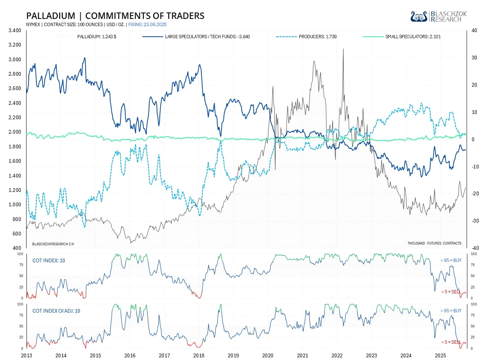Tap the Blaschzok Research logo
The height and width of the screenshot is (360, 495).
pyautogui.click(x=439, y=16)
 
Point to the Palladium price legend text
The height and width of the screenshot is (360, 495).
pyautogui.click(x=97, y=37)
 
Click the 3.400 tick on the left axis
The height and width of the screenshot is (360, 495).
pyautogui.click(x=15, y=30)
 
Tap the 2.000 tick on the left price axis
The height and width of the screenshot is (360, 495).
pyautogui.click(x=15, y=132)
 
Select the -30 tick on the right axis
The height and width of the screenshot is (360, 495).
pyautogui.click(x=475, y=221)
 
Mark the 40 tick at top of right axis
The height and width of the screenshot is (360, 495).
pyautogui.click(x=474, y=30)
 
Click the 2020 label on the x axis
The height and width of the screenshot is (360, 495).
pyautogui.click(x=268, y=355)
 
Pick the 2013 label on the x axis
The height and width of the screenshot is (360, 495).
pyautogui.click(x=27, y=355)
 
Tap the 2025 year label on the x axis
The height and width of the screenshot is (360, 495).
pyautogui.click(x=440, y=355)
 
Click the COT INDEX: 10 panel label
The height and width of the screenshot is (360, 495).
pyautogui.click(x=48, y=260)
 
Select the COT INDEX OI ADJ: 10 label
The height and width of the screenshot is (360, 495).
pyautogui.click(x=56, y=311)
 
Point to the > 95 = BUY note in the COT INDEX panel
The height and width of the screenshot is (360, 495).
pyautogui.click(x=451, y=260)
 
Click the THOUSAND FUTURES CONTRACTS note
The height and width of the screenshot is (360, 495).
pyautogui.click(x=434, y=243)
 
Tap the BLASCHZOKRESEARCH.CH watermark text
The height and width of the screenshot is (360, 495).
pyautogui.click(x=53, y=244)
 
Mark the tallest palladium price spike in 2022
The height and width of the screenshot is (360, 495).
pyautogui.click(x=343, y=49)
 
